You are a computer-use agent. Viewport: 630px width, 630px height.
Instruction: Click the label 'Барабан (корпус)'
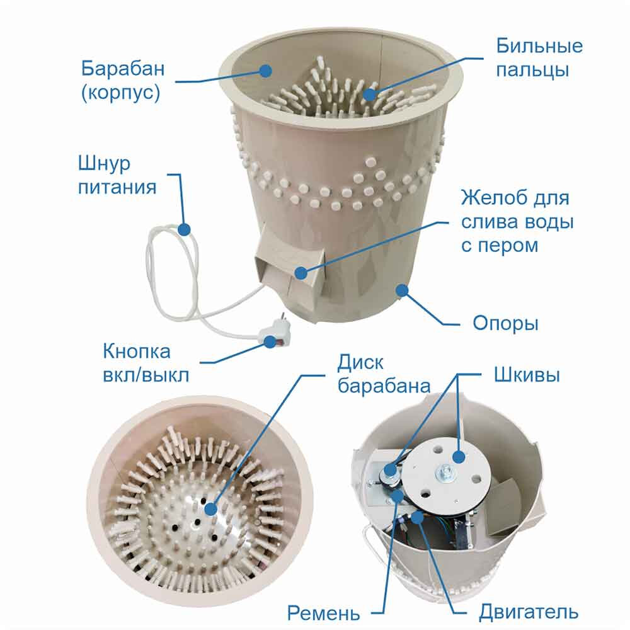(123, 81)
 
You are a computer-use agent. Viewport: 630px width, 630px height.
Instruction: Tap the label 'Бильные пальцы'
(539, 58)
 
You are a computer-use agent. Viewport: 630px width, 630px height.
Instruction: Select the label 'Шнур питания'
(117, 175)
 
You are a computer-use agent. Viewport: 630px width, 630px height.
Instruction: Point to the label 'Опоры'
(505, 323)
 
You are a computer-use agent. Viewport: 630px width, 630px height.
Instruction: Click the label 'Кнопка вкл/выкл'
(146, 364)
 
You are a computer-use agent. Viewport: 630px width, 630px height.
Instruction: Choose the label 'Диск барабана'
(384, 374)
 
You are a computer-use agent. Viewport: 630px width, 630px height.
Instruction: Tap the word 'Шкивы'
(527, 375)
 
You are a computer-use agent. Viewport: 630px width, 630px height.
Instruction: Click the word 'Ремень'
(323, 613)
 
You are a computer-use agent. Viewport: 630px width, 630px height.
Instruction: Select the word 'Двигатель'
(529, 612)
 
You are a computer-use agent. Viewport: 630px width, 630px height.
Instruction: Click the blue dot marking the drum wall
(265, 71)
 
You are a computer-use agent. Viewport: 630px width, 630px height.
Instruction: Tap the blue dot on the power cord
(184, 229)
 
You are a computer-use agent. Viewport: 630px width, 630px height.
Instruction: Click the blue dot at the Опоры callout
(402, 290)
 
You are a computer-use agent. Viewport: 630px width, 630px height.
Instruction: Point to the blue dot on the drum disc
(211, 509)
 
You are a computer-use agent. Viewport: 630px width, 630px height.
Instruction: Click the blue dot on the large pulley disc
(459, 456)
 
